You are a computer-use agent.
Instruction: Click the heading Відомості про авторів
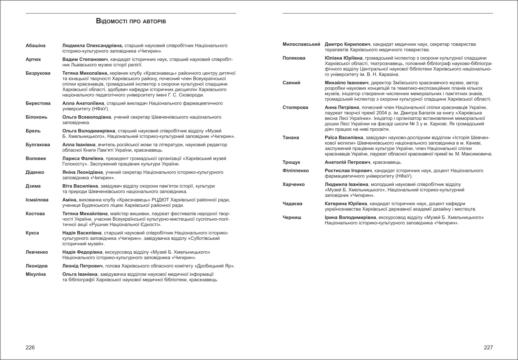coord(131,20)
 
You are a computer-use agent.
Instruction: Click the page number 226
coord(30,347)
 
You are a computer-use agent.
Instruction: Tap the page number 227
coord(488,347)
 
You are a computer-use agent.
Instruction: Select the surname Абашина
coord(36,45)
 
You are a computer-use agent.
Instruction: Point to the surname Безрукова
coord(38,73)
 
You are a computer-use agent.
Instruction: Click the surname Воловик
coord(36,158)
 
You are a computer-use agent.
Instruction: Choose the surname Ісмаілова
coord(37,200)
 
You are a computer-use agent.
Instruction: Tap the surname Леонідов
coord(37,266)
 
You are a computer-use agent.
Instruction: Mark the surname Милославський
coord(301,44)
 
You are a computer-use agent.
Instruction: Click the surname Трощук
coord(292,163)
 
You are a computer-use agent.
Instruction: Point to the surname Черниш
coord(292,218)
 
